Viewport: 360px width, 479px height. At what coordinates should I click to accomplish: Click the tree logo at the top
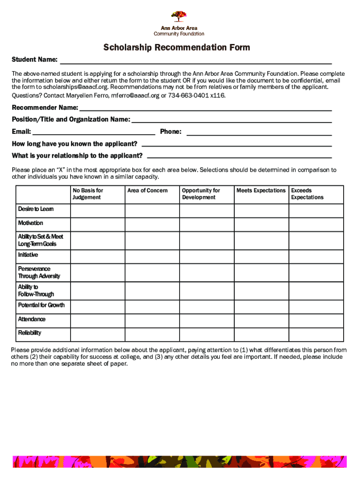pyautogui.click(x=179, y=16)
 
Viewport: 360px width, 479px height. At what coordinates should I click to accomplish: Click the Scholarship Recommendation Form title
pyautogui.click(x=177, y=47)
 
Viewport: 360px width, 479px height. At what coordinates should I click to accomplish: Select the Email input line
pyautogui.click(x=94, y=132)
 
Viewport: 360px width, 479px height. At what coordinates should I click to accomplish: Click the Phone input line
pyautogui.click(x=259, y=132)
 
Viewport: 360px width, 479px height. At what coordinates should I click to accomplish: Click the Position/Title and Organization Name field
pyautogui.click(x=232, y=120)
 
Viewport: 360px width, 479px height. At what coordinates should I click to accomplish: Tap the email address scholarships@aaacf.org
pyautogui.click(x=69, y=87)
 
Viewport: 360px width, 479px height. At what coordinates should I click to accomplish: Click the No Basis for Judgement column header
pyautogui.click(x=87, y=194)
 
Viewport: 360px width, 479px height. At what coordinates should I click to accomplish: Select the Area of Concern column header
pyautogui.click(x=147, y=190)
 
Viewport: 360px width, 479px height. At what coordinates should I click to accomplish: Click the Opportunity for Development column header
pyautogui.click(x=201, y=194)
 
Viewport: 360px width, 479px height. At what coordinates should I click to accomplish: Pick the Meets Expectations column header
pyautogui.click(x=261, y=190)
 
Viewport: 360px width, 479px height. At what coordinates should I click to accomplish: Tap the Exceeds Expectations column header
pyautogui.click(x=307, y=194)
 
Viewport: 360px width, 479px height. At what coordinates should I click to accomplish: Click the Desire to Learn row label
pyautogui.click(x=36, y=209)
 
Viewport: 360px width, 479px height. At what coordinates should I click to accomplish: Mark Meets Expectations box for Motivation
pyautogui.click(x=261, y=225)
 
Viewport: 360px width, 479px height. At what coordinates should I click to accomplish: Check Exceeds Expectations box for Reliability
pyautogui.click(x=316, y=334)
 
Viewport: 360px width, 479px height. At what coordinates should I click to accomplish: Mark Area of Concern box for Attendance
pyautogui.click(x=152, y=320)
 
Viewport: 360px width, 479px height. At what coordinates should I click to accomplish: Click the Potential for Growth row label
pyautogui.click(x=41, y=305)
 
